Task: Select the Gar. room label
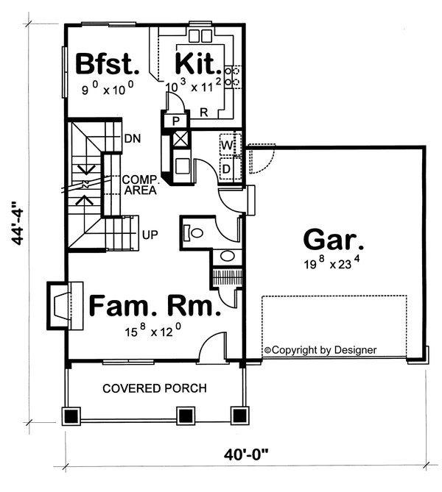pos(333,239)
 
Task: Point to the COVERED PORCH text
pos(155,388)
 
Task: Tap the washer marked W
pos(228,146)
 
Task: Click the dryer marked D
pos(228,168)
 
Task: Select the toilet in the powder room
pos(194,232)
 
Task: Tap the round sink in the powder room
pos(228,257)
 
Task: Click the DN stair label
pos(133,138)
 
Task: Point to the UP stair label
pos(150,235)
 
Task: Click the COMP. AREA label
pos(138,184)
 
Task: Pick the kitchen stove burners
pos(231,76)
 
